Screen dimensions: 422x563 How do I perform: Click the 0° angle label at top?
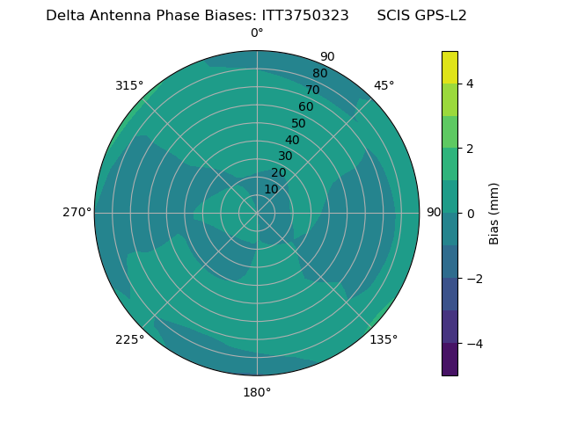[x=257, y=33]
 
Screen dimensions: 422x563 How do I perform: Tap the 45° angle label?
[x=384, y=85]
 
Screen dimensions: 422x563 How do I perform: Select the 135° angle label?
[x=384, y=339]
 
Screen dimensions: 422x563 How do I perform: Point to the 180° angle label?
[x=257, y=392]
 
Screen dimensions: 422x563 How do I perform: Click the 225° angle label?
[x=129, y=339]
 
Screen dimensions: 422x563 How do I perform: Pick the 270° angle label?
[x=77, y=212]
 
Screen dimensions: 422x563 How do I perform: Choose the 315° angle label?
[x=129, y=85]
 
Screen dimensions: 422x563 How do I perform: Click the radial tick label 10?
[x=271, y=189]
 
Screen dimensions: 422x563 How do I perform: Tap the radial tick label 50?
[x=299, y=124]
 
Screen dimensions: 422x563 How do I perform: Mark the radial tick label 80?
[x=319, y=73]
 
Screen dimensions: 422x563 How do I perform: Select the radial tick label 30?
[x=285, y=156]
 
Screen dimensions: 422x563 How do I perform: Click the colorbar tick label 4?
[x=470, y=84]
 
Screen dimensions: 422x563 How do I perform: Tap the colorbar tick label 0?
[x=470, y=213]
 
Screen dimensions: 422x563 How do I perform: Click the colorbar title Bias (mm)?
[x=494, y=213]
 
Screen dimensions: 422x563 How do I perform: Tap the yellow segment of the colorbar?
[x=450, y=67]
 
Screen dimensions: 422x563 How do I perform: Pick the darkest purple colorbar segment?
[x=450, y=359]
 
